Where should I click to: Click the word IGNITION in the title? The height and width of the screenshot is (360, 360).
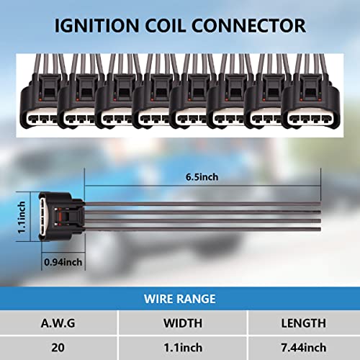(x=96, y=26)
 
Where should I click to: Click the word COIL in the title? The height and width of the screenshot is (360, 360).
(x=165, y=26)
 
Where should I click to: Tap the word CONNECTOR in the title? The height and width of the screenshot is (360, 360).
(x=248, y=26)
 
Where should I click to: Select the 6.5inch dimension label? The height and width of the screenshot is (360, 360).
(x=202, y=177)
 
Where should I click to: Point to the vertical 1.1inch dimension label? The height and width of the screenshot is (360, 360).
(x=22, y=217)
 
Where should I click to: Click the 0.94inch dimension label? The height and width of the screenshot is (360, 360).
(x=63, y=262)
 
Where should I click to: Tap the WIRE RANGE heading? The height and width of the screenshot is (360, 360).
(x=180, y=299)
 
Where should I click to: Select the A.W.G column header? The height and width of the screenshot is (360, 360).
(x=58, y=323)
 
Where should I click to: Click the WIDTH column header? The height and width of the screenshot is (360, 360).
(x=183, y=323)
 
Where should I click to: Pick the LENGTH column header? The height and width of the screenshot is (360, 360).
(x=304, y=323)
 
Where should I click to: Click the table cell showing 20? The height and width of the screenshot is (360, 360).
(x=58, y=348)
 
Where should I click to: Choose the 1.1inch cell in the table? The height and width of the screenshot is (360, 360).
(x=183, y=348)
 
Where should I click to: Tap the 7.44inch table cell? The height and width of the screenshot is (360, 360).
(x=304, y=348)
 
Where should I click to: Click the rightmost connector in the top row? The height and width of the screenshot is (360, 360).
(x=311, y=101)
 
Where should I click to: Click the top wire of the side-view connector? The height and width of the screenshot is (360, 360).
(x=202, y=204)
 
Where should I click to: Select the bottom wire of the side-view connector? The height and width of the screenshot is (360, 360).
(x=202, y=230)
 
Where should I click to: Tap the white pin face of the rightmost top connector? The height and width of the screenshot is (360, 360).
(x=310, y=118)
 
